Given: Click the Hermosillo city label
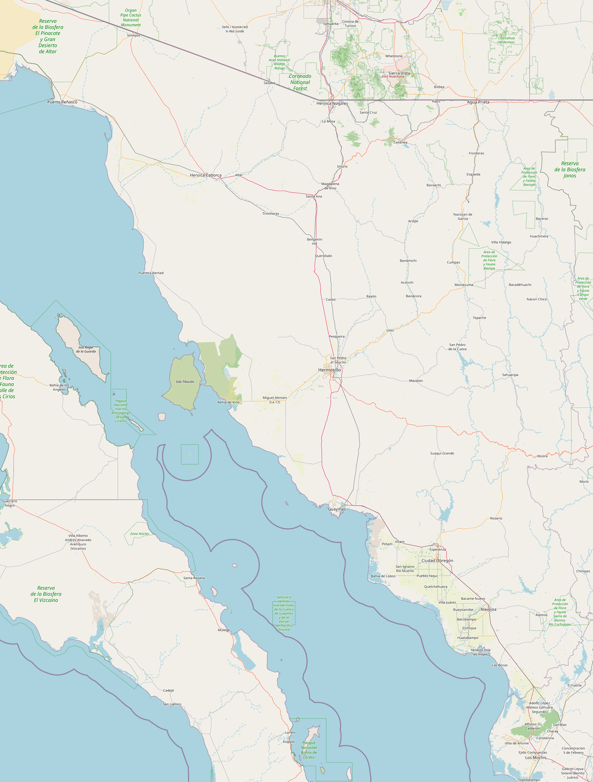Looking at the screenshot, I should [x=330, y=370].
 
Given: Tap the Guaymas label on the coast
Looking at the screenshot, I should [x=337, y=508].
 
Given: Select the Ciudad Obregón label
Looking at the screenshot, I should [x=437, y=561].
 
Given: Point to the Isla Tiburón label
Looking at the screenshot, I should [x=185, y=382].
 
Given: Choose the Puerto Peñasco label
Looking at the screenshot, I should [x=62, y=102].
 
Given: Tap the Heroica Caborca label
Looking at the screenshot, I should [x=206, y=175].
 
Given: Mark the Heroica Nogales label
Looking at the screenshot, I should [x=332, y=104].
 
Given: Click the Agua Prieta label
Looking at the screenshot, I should [x=478, y=102].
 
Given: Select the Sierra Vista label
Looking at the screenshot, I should [x=399, y=73].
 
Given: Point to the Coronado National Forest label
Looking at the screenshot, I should [x=300, y=82].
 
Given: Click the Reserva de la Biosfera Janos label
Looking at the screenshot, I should [x=570, y=169].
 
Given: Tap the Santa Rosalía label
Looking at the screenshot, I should [x=194, y=578].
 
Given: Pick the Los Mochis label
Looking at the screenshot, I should [x=536, y=757].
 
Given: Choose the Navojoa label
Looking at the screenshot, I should [x=488, y=609].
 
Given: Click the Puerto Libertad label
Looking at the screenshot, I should [x=151, y=273].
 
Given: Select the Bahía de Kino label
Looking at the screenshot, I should [x=228, y=402].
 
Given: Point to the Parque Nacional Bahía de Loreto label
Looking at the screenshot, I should [x=309, y=750].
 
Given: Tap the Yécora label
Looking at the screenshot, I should [x=542, y=456].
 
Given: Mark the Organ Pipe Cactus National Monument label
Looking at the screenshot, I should [x=131, y=18].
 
